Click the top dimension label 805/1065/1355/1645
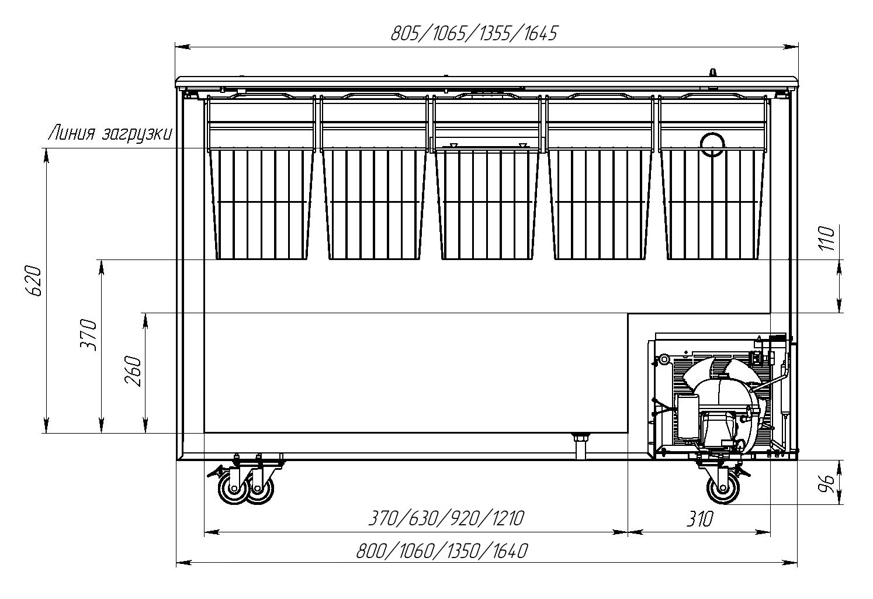coord(473,34)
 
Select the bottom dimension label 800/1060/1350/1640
coord(442,551)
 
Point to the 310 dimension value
coord(699,518)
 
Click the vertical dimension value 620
coord(34,281)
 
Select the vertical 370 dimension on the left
coord(89,334)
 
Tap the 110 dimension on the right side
coord(828,238)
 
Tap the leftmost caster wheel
coord(233,490)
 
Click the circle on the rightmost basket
coord(712,143)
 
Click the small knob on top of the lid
coord(712,72)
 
